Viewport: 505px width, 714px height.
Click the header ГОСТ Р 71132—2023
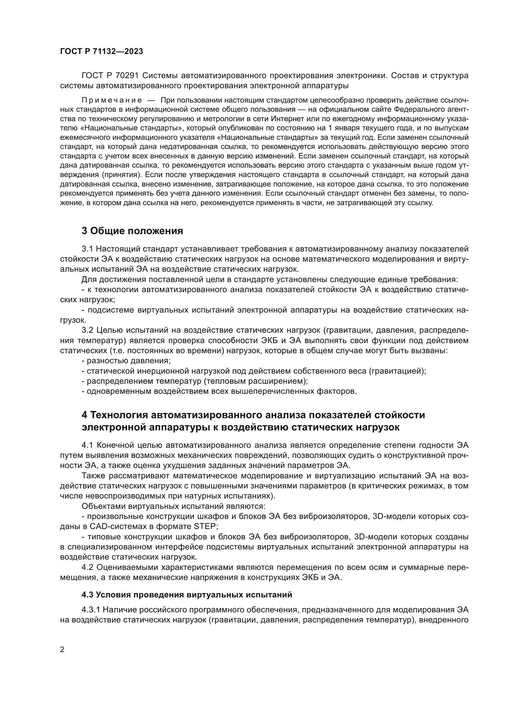click(101, 51)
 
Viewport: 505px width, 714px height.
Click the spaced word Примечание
click(112, 100)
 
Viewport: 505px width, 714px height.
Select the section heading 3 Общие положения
click(132, 231)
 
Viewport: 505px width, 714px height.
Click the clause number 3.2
click(88, 330)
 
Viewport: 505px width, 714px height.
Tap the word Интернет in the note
click(286, 118)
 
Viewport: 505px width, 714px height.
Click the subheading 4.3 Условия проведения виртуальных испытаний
click(187, 595)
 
